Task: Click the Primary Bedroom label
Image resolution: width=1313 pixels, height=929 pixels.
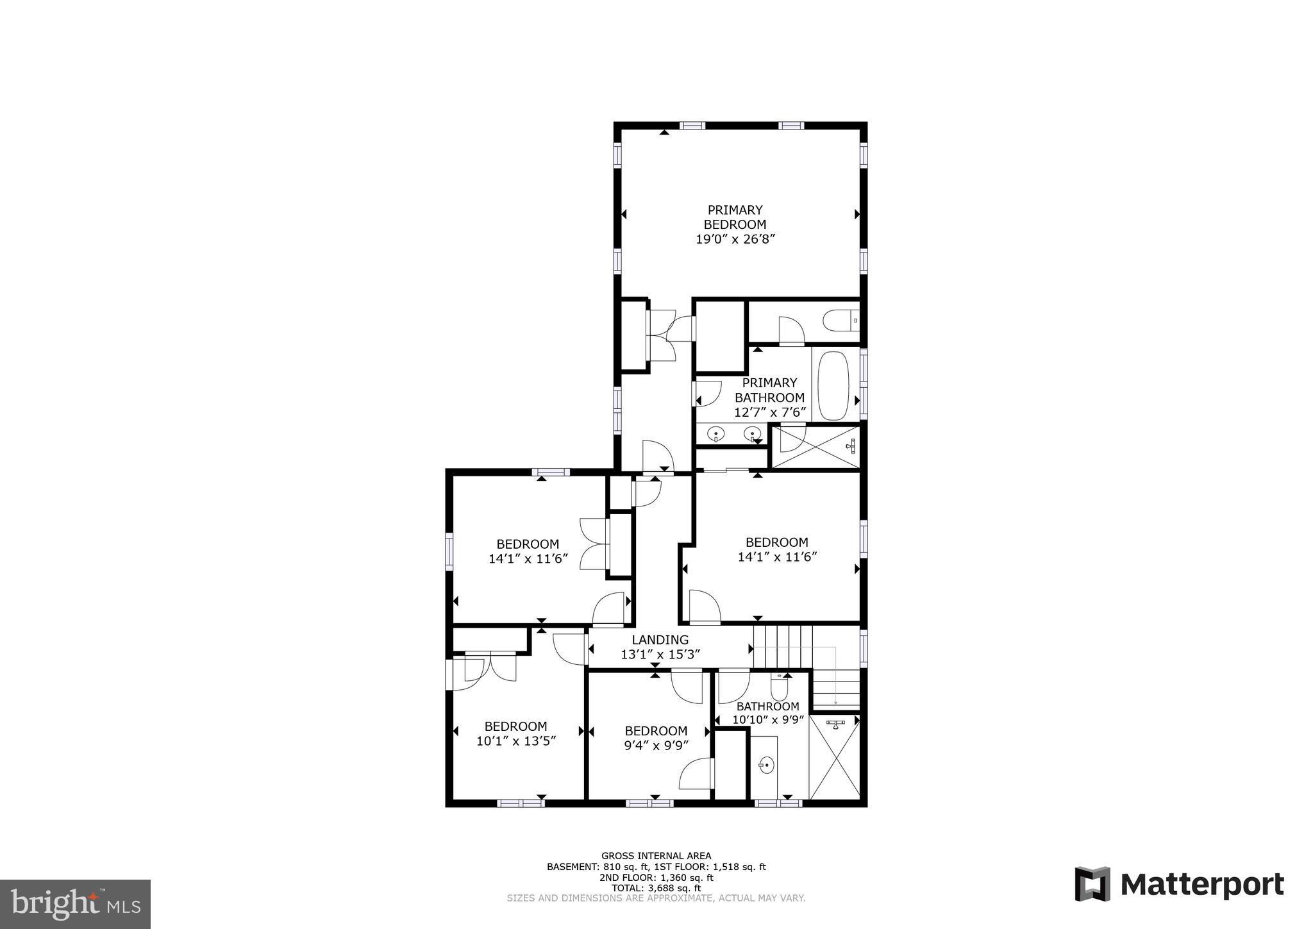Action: pos(735,217)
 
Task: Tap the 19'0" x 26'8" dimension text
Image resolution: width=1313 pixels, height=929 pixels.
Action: pos(735,239)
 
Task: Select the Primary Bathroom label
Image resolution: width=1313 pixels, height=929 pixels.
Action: pos(769,390)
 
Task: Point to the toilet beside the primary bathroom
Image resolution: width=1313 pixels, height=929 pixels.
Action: pos(840,320)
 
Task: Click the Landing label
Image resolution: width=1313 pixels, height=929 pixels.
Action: pos(660,639)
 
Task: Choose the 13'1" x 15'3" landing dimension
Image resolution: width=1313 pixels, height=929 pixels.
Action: pos(660,655)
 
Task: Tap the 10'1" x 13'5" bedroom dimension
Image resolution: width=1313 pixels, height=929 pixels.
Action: pos(515,741)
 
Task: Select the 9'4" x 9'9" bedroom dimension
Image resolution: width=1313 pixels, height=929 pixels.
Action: pos(656,746)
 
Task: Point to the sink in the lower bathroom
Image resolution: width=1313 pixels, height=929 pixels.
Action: pos(765,764)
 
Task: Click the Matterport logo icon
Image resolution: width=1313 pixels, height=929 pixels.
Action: pos(1092,884)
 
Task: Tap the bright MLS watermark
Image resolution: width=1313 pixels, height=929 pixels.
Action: pos(76,904)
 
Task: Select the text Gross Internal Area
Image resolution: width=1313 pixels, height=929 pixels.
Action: pos(656,855)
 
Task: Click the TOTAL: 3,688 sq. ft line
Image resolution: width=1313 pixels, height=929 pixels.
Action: pos(656,888)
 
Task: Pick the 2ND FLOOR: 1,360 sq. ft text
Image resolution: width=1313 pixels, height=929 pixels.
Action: pos(656,877)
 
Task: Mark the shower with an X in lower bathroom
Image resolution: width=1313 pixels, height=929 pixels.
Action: pos(835,757)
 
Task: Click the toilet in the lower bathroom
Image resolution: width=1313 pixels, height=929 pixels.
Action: pos(779,688)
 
